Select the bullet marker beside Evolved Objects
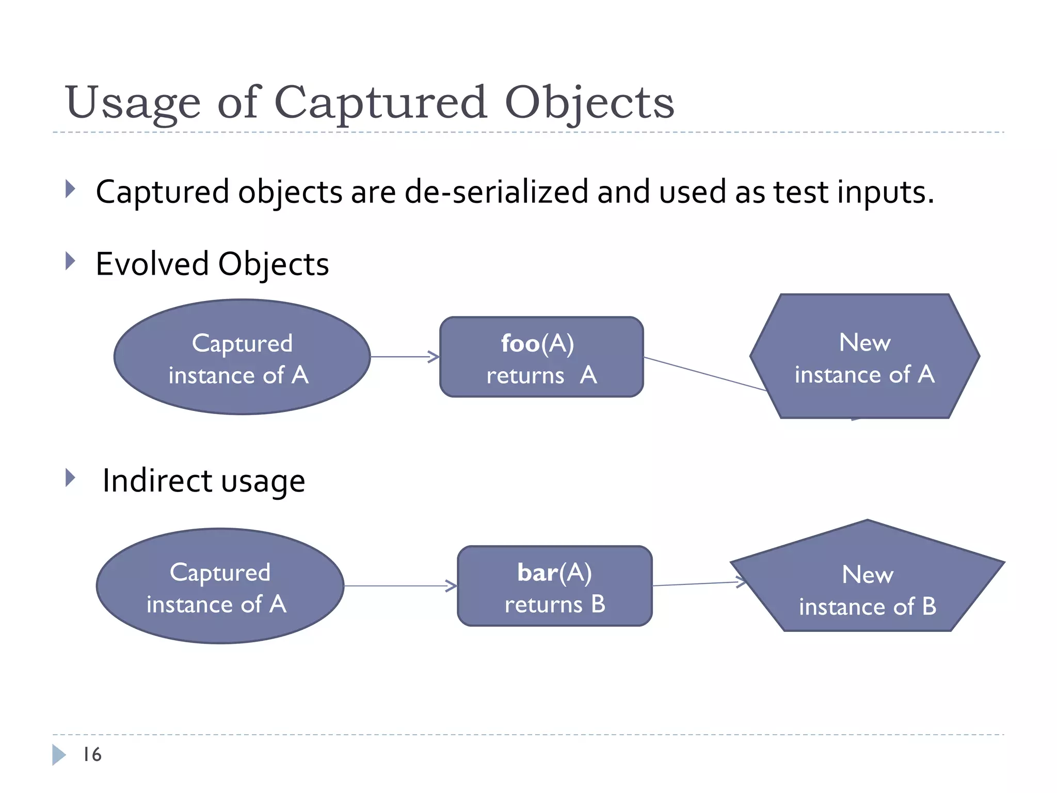[x=71, y=261]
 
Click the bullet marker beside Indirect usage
[x=71, y=478]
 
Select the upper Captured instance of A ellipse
[x=242, y=357]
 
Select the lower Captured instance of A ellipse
[x=220, y=586]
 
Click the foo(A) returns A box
[x=541, y=357]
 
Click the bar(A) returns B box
[x=554, y=586]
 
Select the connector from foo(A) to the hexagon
[x=704, y=374]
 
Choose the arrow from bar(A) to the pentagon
[x=697, y=584]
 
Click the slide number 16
[x=92, y=755]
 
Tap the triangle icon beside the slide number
[x=58, y=755]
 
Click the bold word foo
[x=520, y=344]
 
